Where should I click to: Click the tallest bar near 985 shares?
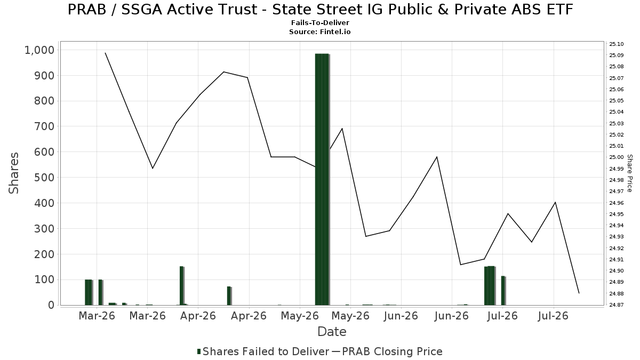click(322, 179)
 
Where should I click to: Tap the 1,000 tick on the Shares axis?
click(39, 50)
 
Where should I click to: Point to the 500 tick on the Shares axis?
click(44, 178)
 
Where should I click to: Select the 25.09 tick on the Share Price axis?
click(617, 55)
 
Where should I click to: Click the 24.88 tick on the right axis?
click(617, 293)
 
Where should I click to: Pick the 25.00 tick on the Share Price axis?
click(617, 157)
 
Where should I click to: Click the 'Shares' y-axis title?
click(13, 173)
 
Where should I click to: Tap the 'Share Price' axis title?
click(630, 173)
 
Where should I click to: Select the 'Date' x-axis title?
click(332, 332)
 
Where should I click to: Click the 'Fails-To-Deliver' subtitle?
click(320, 22)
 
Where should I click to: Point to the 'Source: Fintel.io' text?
click(319, 31)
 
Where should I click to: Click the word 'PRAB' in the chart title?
click(86, 10)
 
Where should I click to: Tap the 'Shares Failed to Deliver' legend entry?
click(263, 351)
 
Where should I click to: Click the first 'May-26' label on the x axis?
click(300, 316)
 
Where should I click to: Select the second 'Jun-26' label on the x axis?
click(452, 316)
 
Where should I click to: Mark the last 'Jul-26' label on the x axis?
click(554, 316)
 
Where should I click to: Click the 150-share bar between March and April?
click(182, 286)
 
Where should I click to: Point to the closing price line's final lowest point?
click(579, 293)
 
